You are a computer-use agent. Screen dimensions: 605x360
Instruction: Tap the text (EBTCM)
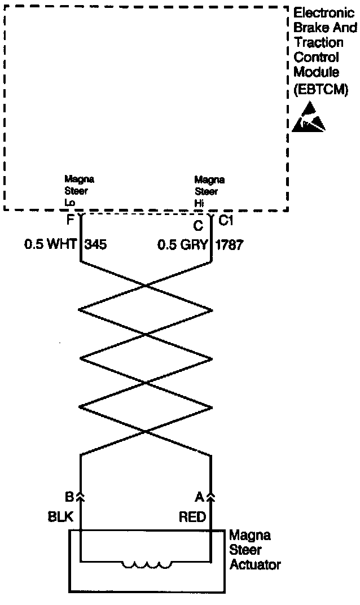(x=321, y=89)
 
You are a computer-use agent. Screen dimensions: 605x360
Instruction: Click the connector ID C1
(x=226, y=221)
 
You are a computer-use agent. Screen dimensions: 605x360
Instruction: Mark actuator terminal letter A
(x=199, y=497)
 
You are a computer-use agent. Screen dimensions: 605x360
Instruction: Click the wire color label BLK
(x=61, y=517)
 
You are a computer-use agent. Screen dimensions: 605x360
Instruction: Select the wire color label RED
(x=192, y=517)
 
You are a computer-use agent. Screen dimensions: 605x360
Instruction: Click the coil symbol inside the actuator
(x=147, y=564)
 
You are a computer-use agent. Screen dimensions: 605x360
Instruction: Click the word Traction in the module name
(x=318, y=42)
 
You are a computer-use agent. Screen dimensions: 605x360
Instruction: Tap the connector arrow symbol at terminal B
(x=81, y=497)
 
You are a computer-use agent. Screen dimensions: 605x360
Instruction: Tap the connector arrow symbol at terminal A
(x=211, y=497)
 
